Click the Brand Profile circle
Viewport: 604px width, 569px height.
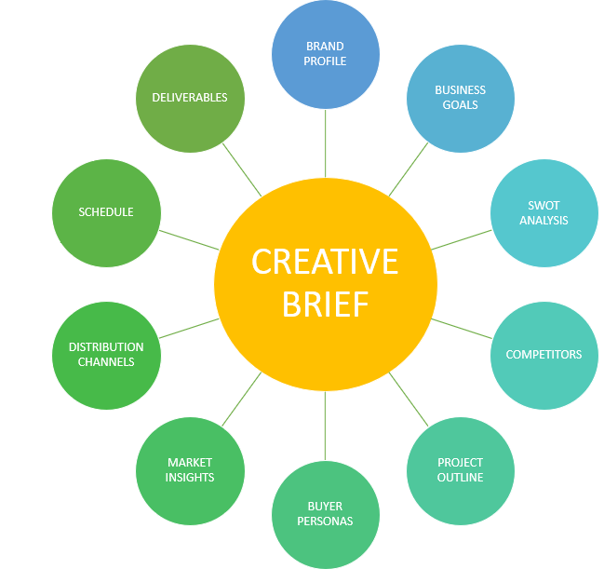[325, 53]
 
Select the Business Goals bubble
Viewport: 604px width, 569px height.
[461, 98]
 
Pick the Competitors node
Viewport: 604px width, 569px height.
[544, 355]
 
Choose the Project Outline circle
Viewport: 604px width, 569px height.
[461, 470]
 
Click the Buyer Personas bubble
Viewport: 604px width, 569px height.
[325, 514]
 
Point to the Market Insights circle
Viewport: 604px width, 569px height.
[190, 470]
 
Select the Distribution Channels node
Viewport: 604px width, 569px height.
[106, 355]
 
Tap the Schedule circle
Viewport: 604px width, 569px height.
[106, 212]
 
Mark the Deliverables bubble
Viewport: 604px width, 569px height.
[190, 98]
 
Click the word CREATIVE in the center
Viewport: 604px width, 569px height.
[325, 263]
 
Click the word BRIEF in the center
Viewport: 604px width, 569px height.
[325, 305]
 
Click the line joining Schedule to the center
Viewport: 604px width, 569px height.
[189, 239]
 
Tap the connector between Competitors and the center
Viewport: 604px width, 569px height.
[462, 328]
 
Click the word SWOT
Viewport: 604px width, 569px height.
[544, 206]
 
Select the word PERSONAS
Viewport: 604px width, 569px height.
[325, 522]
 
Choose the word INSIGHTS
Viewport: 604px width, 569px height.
[190, 478]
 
